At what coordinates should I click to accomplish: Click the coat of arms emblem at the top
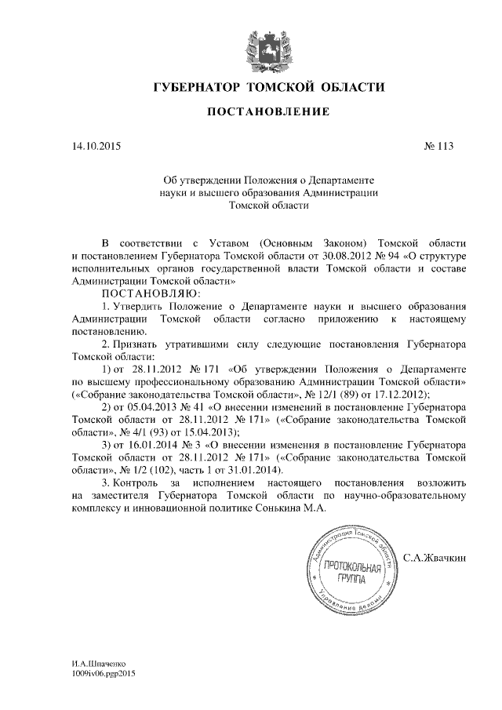coord(260,46)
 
